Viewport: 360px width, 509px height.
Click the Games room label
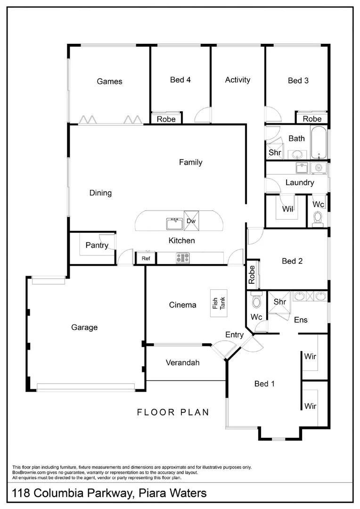tap(109, 82)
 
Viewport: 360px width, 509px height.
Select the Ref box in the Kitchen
tap(146, 258)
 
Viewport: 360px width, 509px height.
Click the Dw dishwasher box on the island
tap(191, 221)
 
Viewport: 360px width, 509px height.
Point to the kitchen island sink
tap(174, 222)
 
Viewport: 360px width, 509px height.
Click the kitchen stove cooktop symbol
tap(182, 258)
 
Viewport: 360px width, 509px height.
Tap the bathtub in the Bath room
tap(318, 143)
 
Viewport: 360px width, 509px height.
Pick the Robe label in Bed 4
tap(166, 119)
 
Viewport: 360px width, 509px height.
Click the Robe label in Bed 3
tap(312, 119)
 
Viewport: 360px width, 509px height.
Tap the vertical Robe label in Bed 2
tap(252, 274)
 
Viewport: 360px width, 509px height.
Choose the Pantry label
tap(97, 245)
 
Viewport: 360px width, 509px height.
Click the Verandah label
tap(183, 362)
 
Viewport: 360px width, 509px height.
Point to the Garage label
tap(84, 327)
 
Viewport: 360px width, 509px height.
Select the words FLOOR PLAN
tap(173, 412)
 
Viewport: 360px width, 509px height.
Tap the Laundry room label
tap(300, 182)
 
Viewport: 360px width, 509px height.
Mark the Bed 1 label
tap(264, 384)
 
